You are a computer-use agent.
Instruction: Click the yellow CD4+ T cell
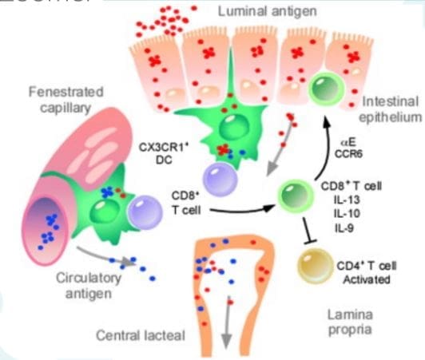pos(312,264)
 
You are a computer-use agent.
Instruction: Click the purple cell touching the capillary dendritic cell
pos(144,212)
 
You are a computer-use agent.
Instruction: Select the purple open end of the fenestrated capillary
pos(42,224)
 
